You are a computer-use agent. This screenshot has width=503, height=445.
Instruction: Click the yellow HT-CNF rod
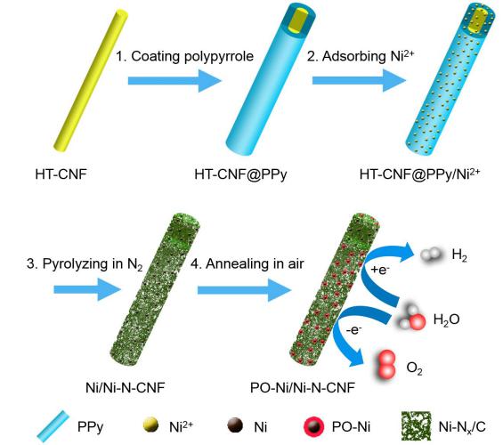[91, 80]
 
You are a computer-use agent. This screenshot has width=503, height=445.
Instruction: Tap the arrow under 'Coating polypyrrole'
[174, 81]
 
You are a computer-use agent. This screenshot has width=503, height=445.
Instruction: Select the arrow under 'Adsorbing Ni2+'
[359, 80]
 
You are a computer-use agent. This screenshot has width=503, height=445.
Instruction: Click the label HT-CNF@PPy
[240, 174]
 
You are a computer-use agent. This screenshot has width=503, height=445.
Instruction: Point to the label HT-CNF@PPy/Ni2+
[419, 174]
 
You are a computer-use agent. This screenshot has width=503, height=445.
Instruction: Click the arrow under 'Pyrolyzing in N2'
[87, 289]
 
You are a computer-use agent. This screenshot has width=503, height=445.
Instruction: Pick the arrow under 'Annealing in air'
[244, 290]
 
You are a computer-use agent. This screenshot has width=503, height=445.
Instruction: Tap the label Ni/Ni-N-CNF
[126, 387]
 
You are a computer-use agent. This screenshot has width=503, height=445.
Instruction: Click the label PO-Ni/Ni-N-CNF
[303, 387]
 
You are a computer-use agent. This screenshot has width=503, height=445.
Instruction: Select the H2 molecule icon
[431, 255]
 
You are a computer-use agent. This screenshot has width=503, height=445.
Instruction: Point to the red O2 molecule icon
[387, 365]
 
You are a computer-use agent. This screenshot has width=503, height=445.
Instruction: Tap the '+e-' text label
[380, 270]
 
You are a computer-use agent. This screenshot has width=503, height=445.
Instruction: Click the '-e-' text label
[354, 329]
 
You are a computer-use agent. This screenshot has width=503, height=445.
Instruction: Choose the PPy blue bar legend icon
[53, 426]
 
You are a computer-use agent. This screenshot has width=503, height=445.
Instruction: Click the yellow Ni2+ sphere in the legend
[150, 425]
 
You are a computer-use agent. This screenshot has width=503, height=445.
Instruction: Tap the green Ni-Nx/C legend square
[416, 426]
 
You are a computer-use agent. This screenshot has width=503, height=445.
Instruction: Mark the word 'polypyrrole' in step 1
[219, 56]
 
